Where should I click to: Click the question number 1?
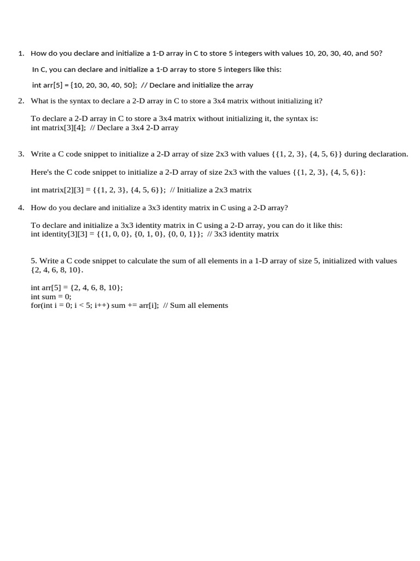click(21, 54)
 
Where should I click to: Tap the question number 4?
click(21, 208)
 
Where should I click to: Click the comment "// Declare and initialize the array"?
click(197, 85)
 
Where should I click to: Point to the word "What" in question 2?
click(39, 101)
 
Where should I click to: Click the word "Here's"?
click(42, 172)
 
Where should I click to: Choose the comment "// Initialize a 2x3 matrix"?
click(211, 190)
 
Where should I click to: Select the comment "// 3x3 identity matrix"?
click(243, 234)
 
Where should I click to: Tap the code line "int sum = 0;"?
click(51, 296)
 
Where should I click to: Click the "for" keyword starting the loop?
click(36, 306)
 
